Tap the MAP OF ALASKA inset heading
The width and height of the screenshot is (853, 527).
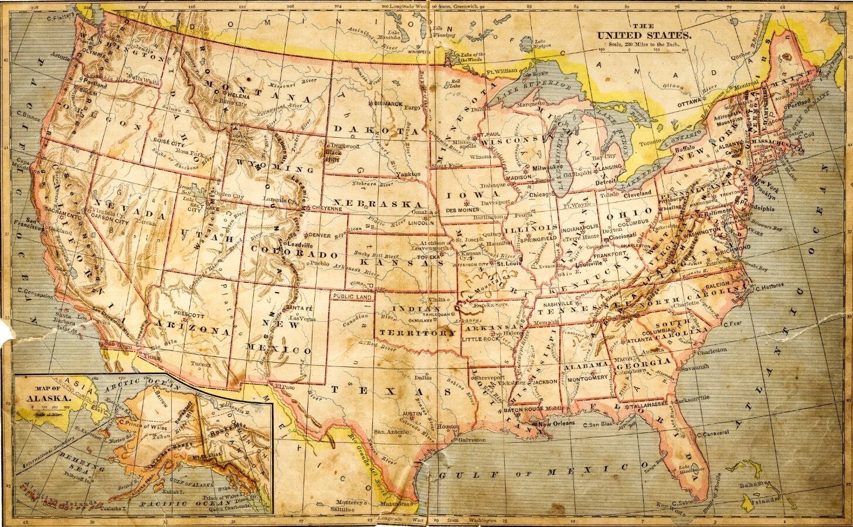click(43, 392)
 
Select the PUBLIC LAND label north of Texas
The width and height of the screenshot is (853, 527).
click(352, 297)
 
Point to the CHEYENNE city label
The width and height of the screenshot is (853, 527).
click(327, 208)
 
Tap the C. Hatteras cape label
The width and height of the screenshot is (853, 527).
click(773, 288)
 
